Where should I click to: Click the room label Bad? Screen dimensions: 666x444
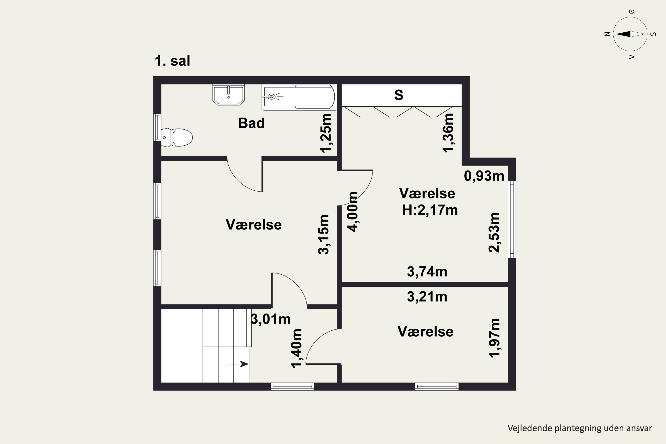click(252, 123)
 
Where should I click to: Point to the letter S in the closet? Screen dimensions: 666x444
click(399, 95)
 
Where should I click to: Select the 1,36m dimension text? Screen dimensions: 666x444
click(448, 133)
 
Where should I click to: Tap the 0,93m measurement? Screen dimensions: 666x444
click(484, 176)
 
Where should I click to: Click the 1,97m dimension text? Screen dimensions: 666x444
click(494, 338)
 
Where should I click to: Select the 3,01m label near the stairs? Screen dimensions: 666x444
click(271, 319)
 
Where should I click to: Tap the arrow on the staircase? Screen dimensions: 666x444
click(237, 364)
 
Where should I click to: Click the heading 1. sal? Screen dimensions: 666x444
click(172, 61)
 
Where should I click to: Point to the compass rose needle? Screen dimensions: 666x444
click(630, 34)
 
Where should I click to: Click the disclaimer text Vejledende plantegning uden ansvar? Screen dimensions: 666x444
click(580, 428)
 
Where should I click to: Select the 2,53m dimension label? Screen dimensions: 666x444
click(494, 232)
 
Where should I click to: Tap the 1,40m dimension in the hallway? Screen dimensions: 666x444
click(296, 349)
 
